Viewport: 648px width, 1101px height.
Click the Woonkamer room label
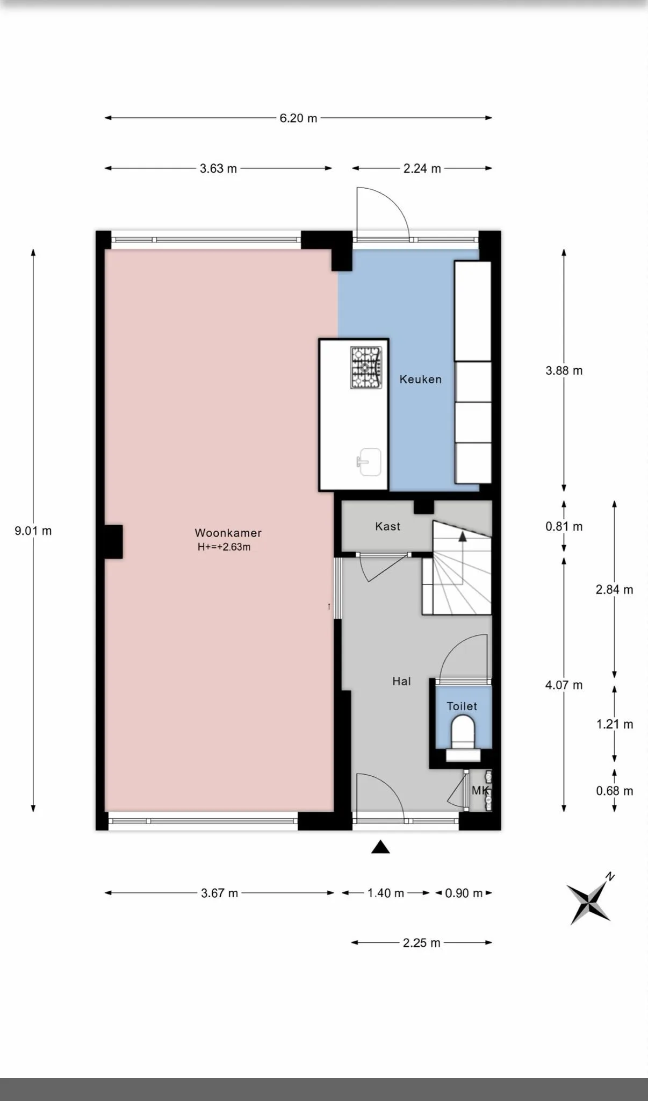(228, 533)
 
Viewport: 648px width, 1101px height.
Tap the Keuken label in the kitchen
(421, 379)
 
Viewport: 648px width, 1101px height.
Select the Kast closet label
(388, 526)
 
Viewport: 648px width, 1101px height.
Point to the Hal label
(401, 681)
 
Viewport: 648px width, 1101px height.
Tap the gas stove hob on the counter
(366, 367)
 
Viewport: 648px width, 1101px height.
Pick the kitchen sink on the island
(369, 462)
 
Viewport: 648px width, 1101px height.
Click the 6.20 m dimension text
(298, 118)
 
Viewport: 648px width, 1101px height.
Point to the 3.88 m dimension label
(564, 370)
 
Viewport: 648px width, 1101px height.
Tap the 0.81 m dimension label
(564, 526)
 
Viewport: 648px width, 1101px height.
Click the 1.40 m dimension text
(386, 893)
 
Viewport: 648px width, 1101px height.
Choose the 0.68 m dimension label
(615, 791)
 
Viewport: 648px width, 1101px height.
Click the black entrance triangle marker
(380, 847)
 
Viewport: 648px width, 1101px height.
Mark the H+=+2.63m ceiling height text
(224, 547)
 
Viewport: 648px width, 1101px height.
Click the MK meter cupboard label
(480, 790)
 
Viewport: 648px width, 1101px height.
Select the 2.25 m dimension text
(422, 943)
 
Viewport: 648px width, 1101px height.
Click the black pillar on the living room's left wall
(113, 541)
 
